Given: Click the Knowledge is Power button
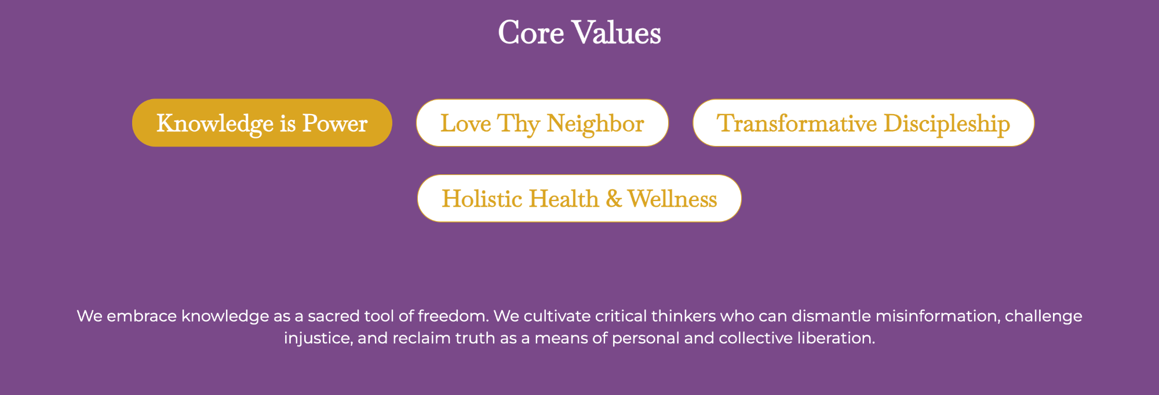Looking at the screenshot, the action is coord(262,123).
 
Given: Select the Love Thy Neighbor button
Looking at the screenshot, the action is coord(542,123).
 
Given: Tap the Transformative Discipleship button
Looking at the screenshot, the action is coord(863,123).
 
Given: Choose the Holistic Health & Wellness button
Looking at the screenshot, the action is coord(579,198).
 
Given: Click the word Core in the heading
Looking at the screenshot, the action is coord(531,32).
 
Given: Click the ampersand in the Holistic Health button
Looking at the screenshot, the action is coord(614,199).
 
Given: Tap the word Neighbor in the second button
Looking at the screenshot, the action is coord(595,124).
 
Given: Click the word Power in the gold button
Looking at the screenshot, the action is coord(335,123).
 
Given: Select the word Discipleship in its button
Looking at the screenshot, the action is coord(947,124).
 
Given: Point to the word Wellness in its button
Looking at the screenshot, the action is coord(672,199).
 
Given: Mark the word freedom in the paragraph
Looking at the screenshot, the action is coord(454,316).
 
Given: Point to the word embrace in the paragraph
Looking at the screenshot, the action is coord(142,316).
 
